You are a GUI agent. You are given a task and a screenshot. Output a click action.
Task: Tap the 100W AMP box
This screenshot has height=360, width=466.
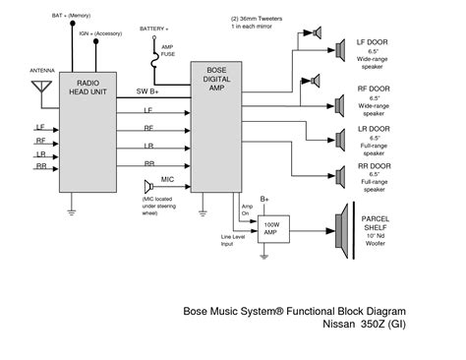click(x=271, y=229)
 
